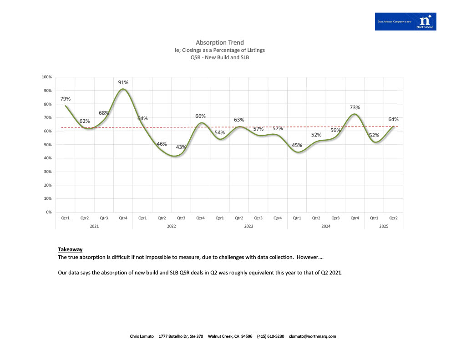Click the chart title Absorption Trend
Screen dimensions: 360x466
click(x=220, y=42)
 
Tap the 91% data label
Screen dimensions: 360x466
click(x=123, y=82)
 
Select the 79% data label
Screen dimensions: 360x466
click(x=66, y=99)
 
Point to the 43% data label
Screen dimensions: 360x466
click(x=181, y=147)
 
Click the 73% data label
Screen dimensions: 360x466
click(x=355, y=107)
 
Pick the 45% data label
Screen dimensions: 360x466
click(x=297, y=145)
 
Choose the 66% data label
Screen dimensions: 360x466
click(x=201, y=116)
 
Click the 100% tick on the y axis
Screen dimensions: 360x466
click(x=47, y=77)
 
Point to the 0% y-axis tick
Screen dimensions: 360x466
click(x=48, y=212)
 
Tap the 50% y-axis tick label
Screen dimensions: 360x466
click(x=47, y=145)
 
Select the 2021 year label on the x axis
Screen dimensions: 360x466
click(x=94, y=226)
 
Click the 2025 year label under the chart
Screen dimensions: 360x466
click(x=384, y=226)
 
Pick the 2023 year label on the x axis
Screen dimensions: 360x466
click(x=248, y=226)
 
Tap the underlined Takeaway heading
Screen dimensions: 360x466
click(x=70, y=249)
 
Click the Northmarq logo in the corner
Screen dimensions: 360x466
click(x=405, y=21)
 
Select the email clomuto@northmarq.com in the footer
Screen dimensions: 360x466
click(x=313, y=336)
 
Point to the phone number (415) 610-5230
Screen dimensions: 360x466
click(x=270, y=336)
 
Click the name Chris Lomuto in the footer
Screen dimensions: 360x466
click(x=142, y=336)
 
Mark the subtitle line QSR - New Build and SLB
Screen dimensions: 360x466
click(x=220, y=58)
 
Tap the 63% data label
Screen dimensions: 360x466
click(x=239, y=120)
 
